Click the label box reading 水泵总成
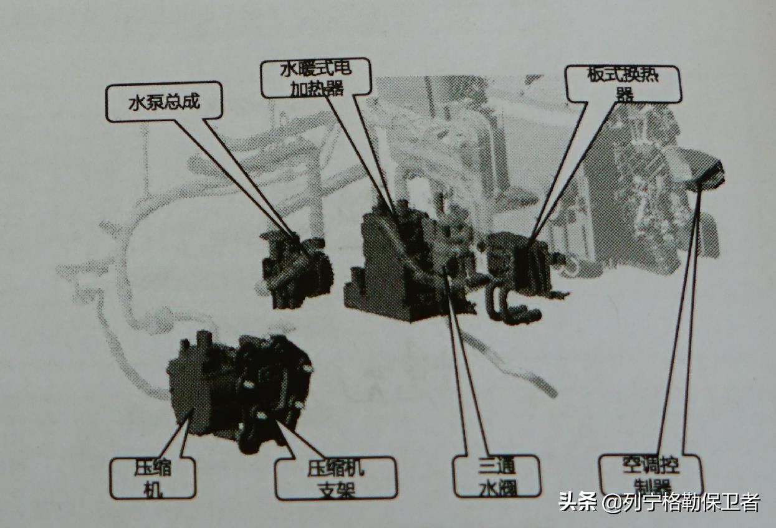(164, 101)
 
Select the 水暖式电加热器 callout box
(315, 78)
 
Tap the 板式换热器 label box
(623, 84)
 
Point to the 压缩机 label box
(152, 478)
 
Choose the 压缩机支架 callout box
(335, 478)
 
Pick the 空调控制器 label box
(649, 474)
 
